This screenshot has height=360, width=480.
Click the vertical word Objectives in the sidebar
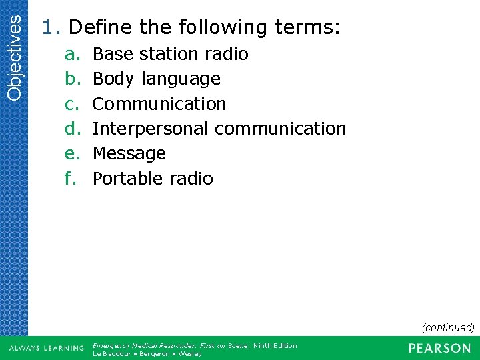[x=14, y=51]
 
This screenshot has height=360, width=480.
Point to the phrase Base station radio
[x=170, y=54]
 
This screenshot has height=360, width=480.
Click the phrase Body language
[x=156, y=79]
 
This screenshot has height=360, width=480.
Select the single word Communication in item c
[x=159, y=104]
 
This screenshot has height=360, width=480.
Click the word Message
[x=129, y=153]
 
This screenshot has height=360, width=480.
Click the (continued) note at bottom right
[x=447, y=327]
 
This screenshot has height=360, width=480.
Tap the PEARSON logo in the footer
[x=439, y=348]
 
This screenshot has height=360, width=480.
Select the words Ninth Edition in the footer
[x=275, y=345]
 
